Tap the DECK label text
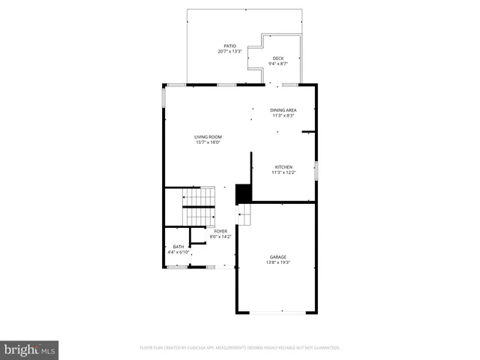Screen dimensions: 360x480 [x=277, y=58]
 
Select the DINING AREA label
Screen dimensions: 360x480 [x=283, y=110]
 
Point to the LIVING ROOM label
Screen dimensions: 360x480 [x=208, y=136]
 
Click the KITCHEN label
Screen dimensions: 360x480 [x=283, y=167]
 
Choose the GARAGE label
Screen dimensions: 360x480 [x=277, y=257]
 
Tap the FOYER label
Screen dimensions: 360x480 [x=220, y=231]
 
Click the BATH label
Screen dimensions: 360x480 [x=178, y=247]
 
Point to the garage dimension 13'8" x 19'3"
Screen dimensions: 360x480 [x=277, y=262]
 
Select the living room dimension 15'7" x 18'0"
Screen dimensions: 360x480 [x=208, y=142]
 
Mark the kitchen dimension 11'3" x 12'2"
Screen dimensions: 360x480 [x=283, y=172]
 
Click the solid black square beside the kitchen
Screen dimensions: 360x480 [x=243, y=193]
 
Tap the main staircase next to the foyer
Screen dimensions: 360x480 [x=199, y=205]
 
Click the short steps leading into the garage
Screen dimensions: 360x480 [x=244, y=215]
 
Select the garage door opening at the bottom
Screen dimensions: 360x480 [x=277, y=313]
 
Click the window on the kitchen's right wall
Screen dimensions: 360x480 [x=316, y=170]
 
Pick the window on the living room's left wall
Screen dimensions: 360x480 [x=163, y=99]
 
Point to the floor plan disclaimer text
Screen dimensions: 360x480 [x=240, y=348]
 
